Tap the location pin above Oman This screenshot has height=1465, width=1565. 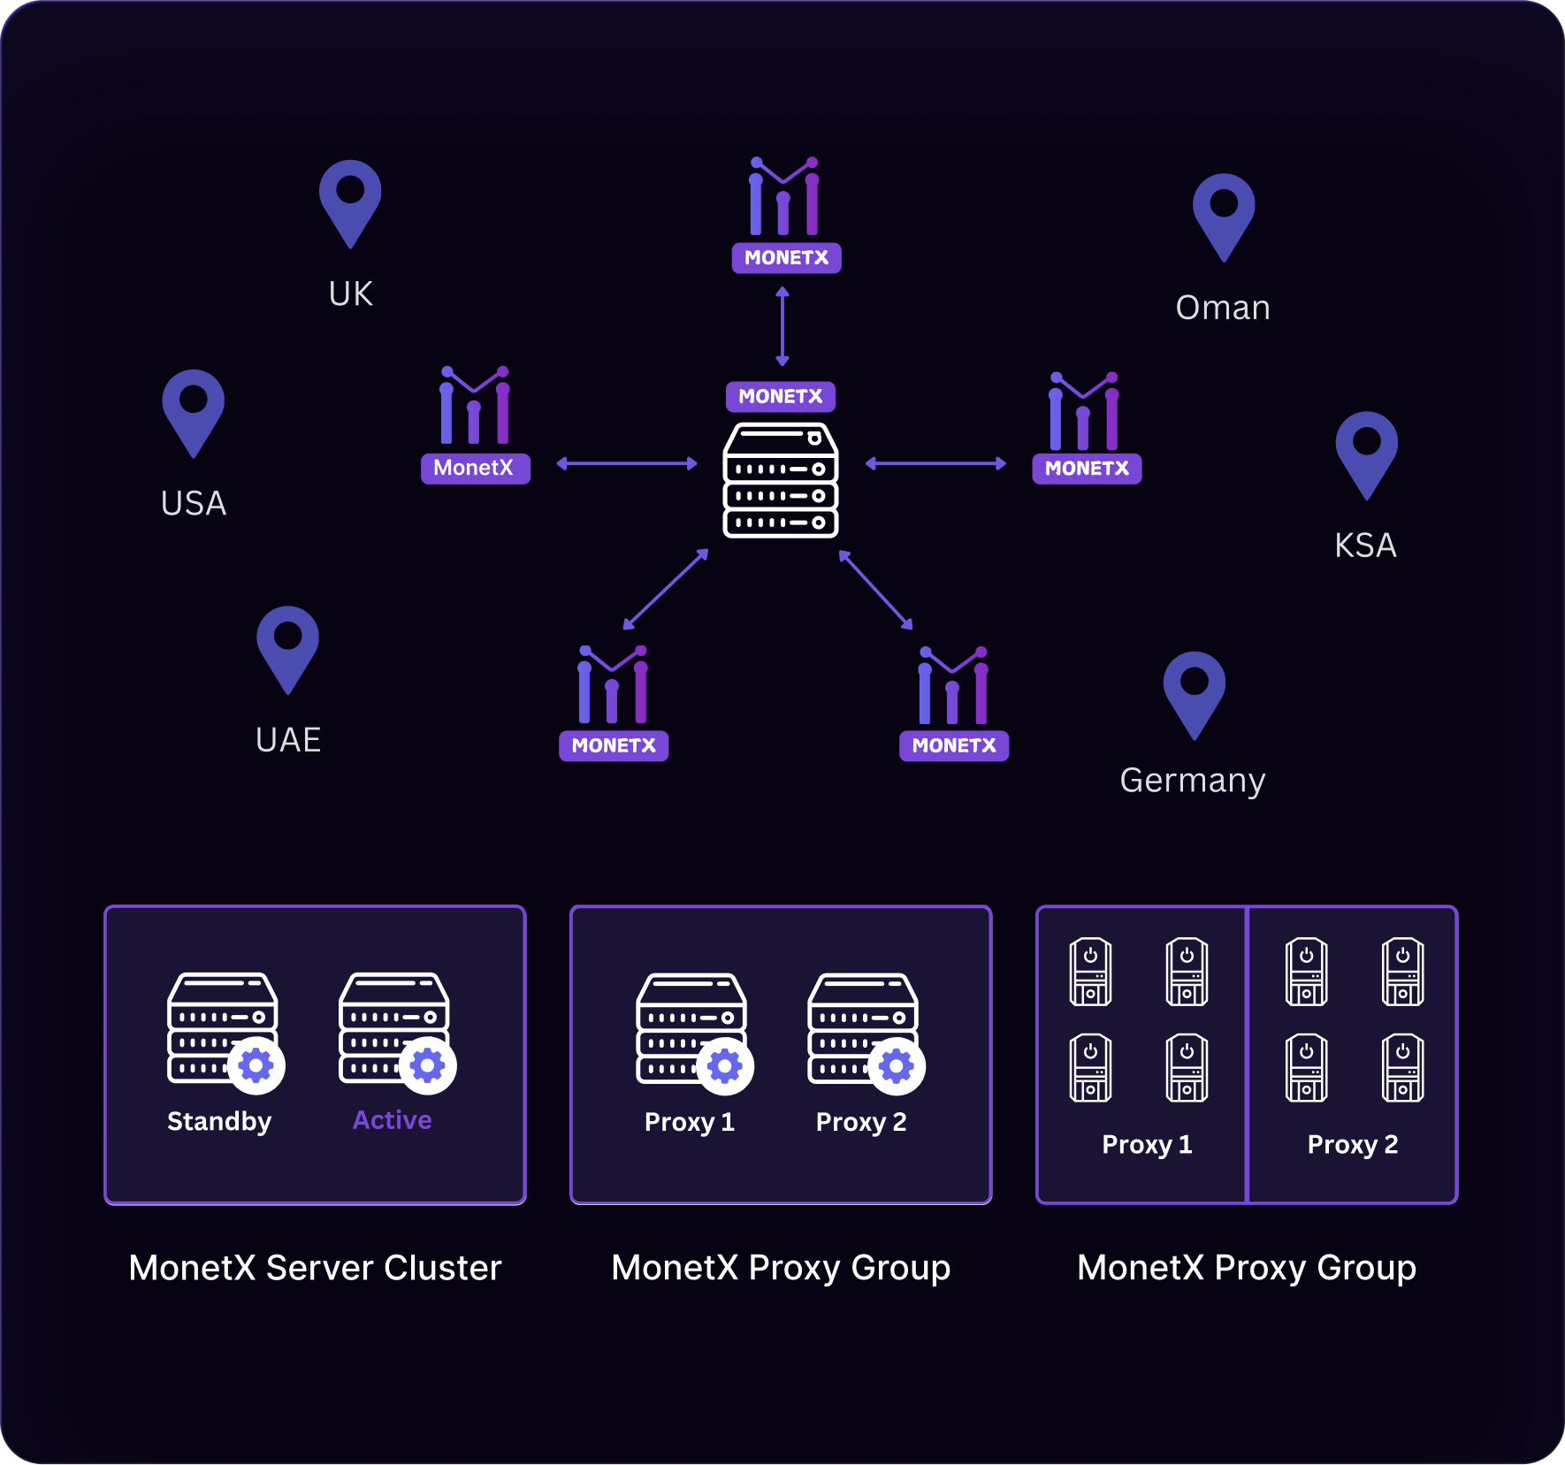pos(1224,216)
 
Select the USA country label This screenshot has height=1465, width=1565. pos(194,503)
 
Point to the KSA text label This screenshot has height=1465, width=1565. pos(1365,545)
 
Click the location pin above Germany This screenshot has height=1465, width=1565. pos(1195,694)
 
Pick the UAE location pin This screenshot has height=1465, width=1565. pos(287,648)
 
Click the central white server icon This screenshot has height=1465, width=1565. pos(781,480)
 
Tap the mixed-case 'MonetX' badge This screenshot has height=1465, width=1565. pos(476,468)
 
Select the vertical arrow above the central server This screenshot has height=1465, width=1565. pos(782,325)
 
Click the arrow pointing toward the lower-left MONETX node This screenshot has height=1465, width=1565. pos(666,589)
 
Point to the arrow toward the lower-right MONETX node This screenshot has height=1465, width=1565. pos(875,590)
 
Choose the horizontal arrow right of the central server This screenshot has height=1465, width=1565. pos(935,463)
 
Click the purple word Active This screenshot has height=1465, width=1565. pos(393,1120)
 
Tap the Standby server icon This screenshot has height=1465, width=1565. pos(223,1027)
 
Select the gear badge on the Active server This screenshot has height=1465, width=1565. pos(428,1065)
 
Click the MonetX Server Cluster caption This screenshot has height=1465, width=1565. pos(315,1268)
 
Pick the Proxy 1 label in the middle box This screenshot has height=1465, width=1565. pos(690,1122)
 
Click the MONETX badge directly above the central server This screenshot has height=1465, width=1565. pos(781,396)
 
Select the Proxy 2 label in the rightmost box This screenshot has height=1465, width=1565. pos(1353,1144)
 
